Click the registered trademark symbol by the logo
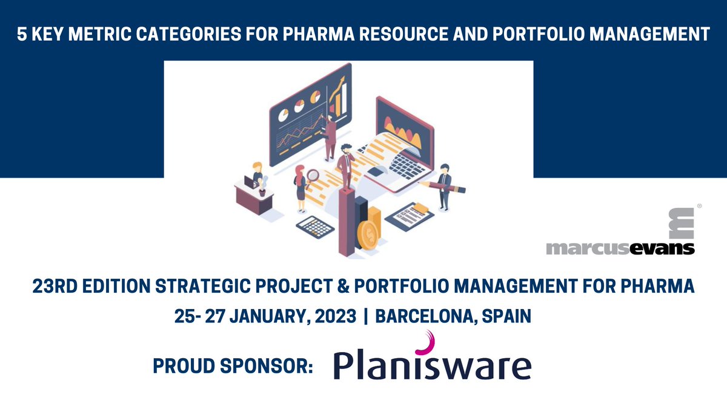(700, 207)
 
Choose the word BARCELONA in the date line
(431, 316)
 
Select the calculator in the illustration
(315, 227)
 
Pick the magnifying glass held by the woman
(313, 176)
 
